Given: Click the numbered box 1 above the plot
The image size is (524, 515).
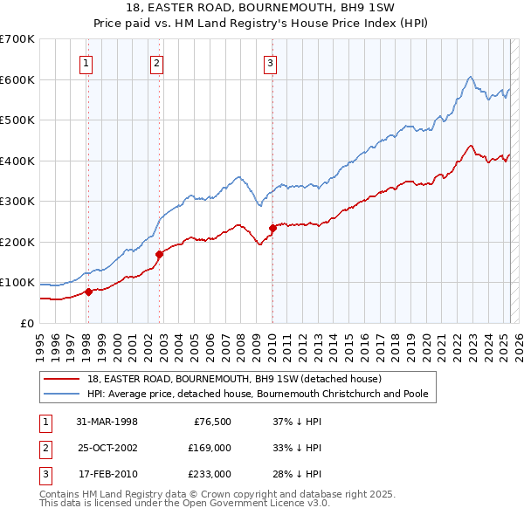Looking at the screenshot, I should (x=87, y=62).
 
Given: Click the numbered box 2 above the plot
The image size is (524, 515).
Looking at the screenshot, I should (x=155, y=62).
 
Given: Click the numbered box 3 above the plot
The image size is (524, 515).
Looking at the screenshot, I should (x=270, y=62).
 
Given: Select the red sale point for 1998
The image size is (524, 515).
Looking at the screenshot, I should (x=89, y=292).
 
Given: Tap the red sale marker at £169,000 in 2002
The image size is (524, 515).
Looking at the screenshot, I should (x=160, y=254).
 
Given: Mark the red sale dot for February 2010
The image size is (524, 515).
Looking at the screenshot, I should (x=272, y=229).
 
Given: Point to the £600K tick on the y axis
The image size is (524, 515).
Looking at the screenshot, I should (x=17, y=79).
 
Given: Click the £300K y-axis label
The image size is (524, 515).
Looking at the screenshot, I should (x=17, y=202).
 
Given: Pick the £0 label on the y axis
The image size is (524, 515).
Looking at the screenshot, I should (x=26, y=323).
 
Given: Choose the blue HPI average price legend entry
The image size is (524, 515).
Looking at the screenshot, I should (x=257, y=394).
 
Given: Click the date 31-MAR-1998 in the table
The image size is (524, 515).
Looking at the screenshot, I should (x=107, y=422).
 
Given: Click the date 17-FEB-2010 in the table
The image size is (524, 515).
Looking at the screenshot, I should (x=107, y=474).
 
